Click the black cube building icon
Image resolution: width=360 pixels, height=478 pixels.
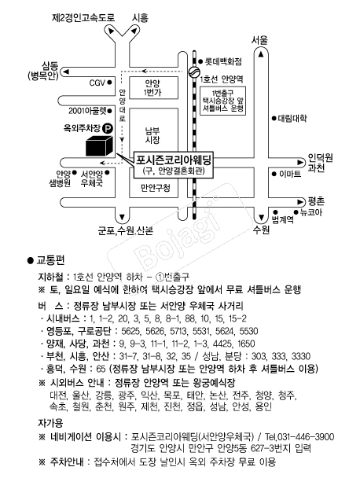pos(99,145)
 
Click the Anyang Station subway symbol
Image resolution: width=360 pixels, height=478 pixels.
pos(193,72)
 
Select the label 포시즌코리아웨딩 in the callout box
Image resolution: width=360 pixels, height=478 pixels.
pos(174,160)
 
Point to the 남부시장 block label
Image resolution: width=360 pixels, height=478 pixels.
pos(152,136)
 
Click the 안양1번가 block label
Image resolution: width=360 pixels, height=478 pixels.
pos(152,88)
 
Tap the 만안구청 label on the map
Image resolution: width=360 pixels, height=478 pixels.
pos(156,188)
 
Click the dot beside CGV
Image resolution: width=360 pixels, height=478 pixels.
pos(109,83)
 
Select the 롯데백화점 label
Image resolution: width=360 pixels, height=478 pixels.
pos(223,62)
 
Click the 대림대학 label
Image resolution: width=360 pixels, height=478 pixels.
pos(292,118)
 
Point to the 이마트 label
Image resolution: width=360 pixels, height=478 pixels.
pos(290,174)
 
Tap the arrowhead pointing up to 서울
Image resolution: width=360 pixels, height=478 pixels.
pos(261,54)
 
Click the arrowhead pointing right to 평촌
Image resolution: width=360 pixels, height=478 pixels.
pos(300,201)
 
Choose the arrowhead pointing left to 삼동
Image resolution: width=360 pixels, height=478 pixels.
pos(66,72)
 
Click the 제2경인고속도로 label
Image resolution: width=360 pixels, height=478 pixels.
pos(83,17)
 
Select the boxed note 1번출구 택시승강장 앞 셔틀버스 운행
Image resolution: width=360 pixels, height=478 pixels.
pos(223,101)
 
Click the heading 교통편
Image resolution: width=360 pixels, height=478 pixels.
pos(50,260)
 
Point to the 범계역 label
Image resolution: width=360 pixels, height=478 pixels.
pos(282,219)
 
